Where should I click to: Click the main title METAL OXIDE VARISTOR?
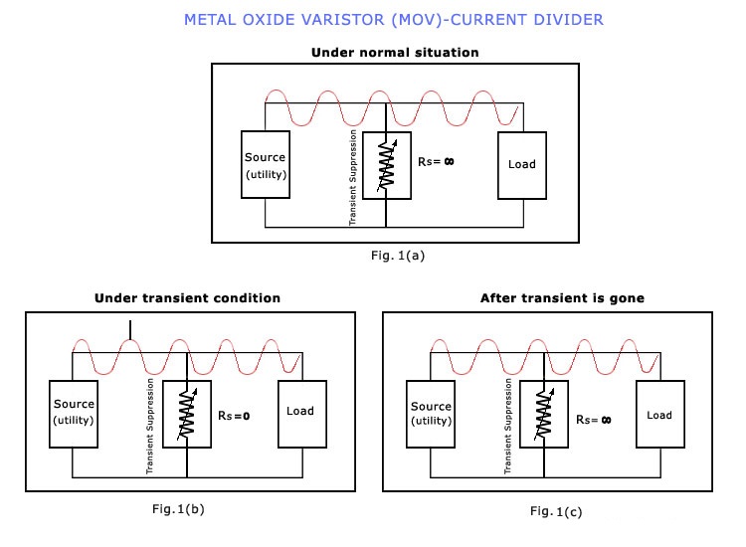(x=393, y=19)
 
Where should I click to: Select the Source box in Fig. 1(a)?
(x=266, y=164)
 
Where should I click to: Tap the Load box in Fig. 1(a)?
(x=521, y=164)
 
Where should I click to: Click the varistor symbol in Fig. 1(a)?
(x=387, y=164)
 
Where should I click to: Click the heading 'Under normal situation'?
(x=395, y=52)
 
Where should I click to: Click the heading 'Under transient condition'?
(x=187, y=297)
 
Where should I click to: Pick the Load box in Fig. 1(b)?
(x=300, y=410)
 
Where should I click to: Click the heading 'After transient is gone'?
(x=548, y=297)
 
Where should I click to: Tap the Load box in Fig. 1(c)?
(x=658, y=415)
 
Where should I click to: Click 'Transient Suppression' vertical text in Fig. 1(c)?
(x=509, y=426)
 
